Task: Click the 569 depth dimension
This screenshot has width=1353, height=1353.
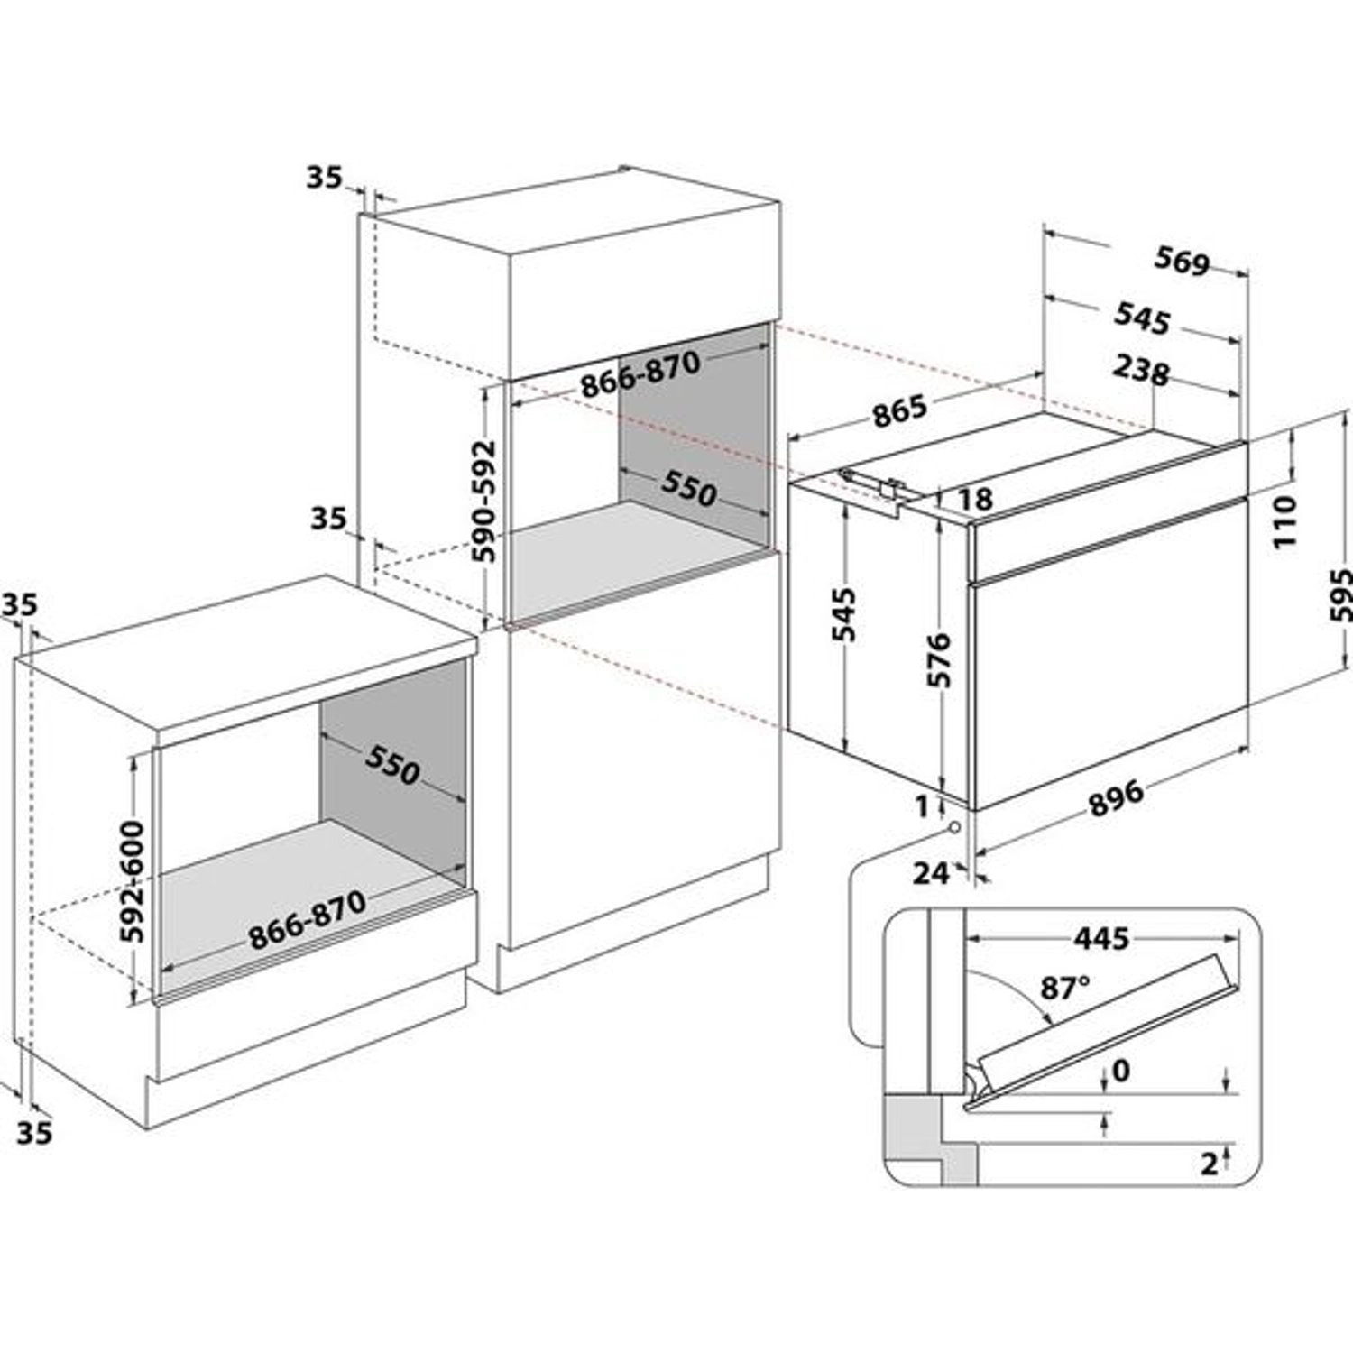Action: pos(1182,262)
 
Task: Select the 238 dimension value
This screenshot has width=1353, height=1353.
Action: pos(1141,370)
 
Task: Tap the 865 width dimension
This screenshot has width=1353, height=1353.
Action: pos(899,410)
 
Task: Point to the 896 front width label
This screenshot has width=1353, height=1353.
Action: pos(1116,798)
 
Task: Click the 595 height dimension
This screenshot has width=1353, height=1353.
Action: pos(1340,595)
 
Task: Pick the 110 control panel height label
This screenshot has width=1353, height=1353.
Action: pos(1285,520)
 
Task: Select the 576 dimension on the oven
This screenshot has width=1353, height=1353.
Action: pos(939,660)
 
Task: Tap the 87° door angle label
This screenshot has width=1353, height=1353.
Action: pos(1064,989)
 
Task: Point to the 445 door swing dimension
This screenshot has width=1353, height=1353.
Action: pos(1100,938)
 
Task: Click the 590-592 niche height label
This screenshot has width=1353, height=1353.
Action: pos(485,502)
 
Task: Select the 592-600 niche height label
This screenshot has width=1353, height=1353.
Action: pos(133,881)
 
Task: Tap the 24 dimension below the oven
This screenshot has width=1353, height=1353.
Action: pos(931,872)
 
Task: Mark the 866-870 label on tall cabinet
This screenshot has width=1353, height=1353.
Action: pos(640,373)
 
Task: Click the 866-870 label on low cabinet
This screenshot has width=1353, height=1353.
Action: pos(308,920)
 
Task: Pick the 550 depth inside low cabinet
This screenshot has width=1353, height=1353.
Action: pos(393,767)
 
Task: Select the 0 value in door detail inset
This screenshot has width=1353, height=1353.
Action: pos(1121,1071)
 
